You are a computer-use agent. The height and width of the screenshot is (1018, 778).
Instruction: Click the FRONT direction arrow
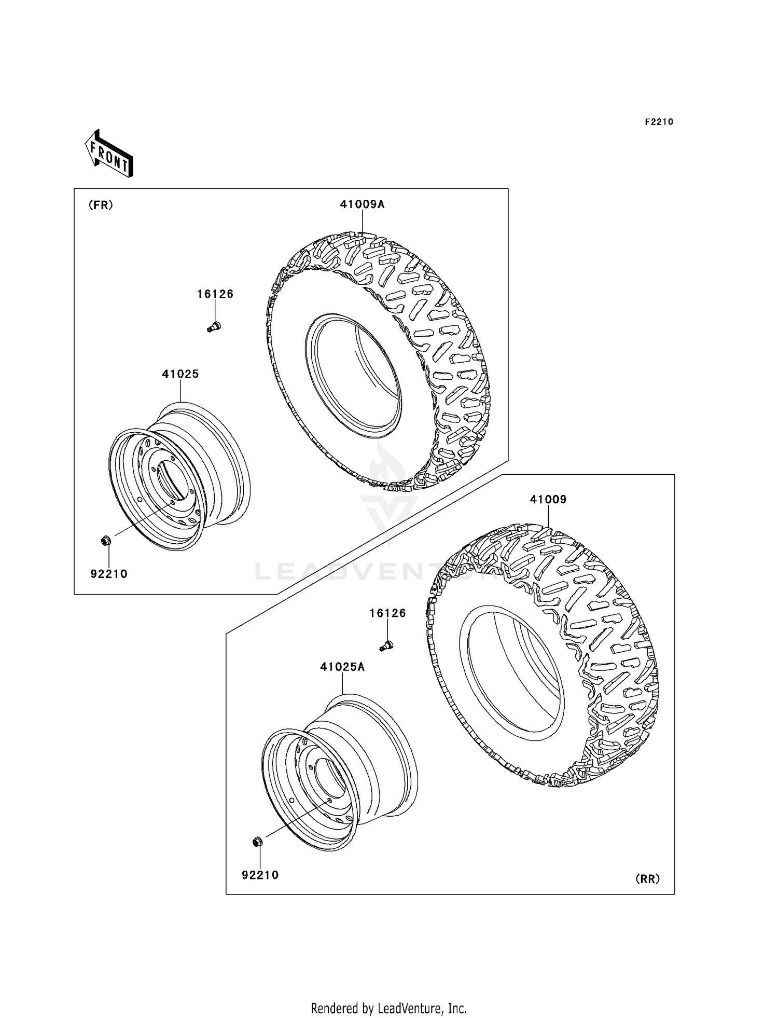109,155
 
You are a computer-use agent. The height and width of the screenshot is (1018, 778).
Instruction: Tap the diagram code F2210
659,122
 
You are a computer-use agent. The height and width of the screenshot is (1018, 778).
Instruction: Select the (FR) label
101,205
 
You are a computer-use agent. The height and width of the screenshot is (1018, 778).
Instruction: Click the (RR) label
647,879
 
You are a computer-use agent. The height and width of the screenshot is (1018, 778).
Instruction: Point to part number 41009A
362,204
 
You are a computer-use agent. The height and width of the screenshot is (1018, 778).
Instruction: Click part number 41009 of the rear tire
548,500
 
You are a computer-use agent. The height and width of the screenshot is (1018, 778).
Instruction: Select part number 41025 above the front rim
180,374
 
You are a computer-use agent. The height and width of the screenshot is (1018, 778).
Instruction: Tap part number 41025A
342,667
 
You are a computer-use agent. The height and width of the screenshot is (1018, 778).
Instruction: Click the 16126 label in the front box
215,294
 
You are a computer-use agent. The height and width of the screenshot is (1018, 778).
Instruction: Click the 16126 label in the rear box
387,613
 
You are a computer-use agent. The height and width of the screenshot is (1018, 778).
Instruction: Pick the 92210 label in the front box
109,574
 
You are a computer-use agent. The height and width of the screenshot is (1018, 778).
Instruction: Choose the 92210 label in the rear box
260,875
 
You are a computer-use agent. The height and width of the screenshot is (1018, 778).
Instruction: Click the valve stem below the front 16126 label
214,326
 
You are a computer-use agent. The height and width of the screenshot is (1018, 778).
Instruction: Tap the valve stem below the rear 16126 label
386,645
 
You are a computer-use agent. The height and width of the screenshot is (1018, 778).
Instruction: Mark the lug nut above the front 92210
105,541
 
